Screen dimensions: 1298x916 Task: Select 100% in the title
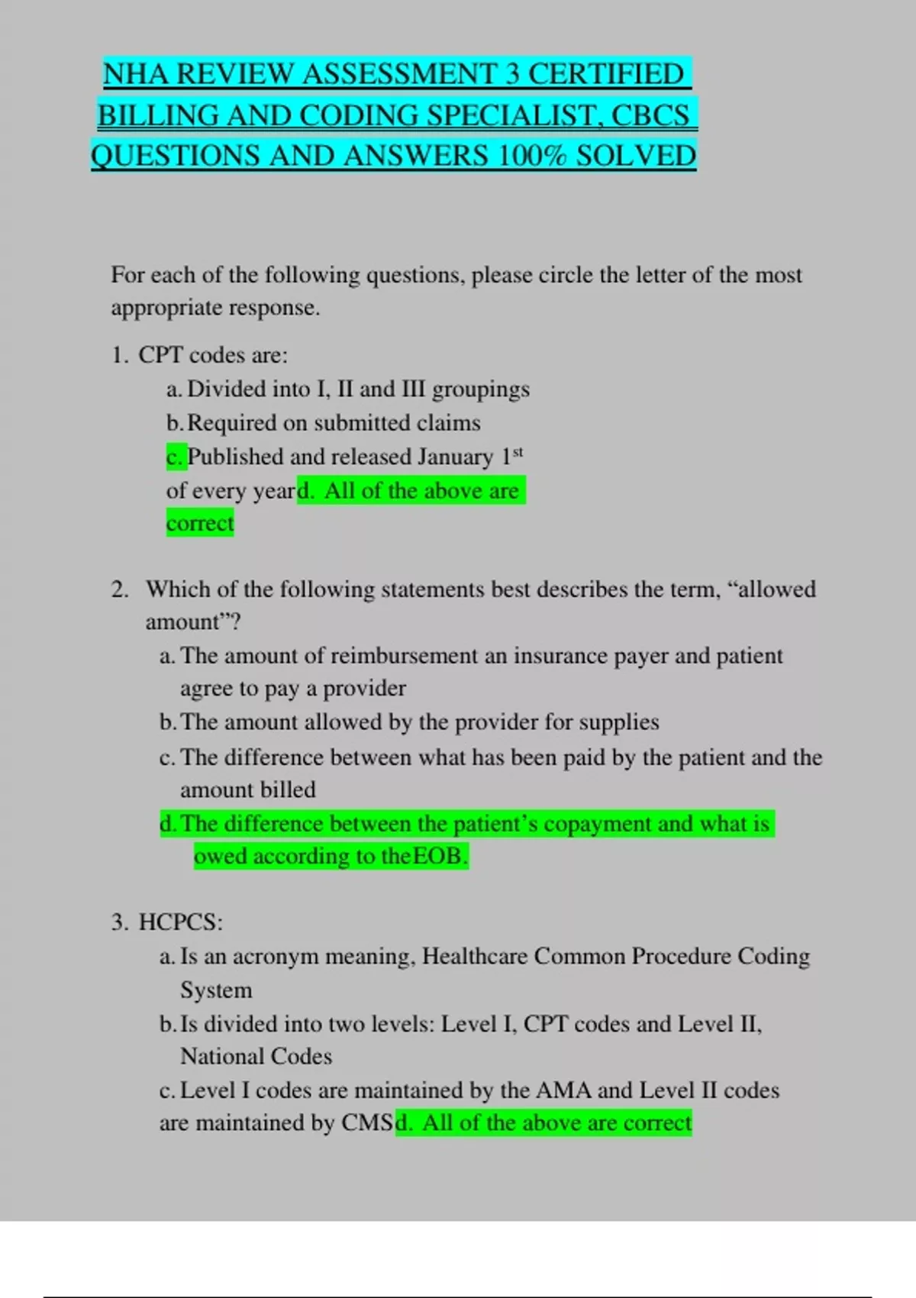click(x=531, y=157)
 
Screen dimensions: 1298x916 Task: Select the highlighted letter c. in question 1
click(x=175, y=457)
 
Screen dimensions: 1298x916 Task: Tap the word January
click(x=455, y=457)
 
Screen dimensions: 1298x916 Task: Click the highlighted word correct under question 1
click(x=200, y=524)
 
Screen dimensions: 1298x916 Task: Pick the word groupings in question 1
click(x=480, y=389)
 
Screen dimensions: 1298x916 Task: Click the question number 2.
click(x=120, y=589)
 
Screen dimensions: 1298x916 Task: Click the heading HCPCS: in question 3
click(x=180, y=922)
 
